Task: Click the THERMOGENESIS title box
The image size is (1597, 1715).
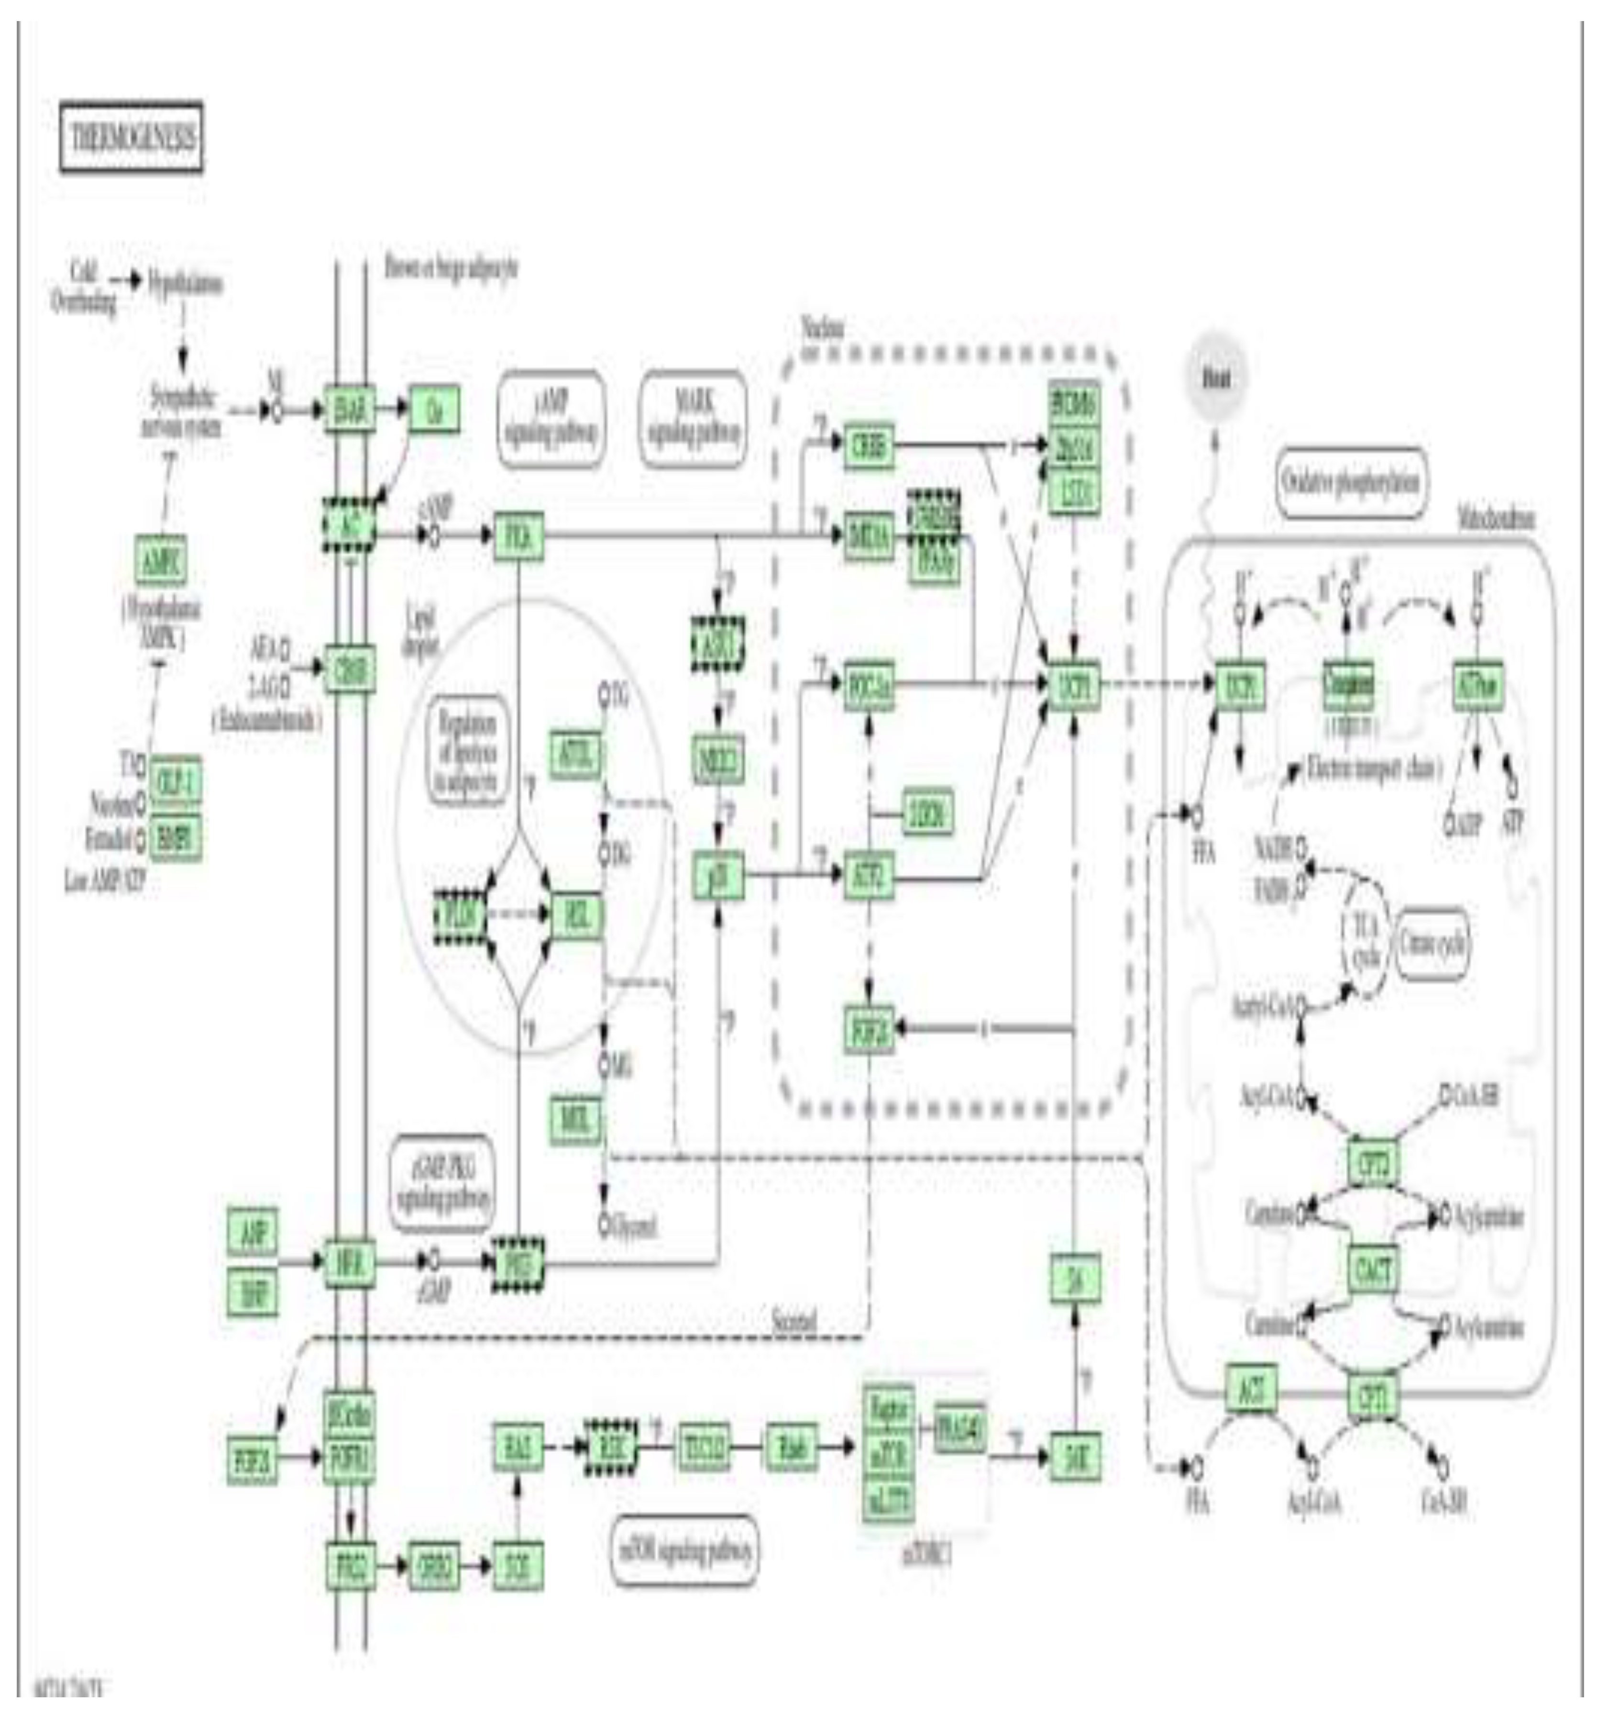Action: (131, 137)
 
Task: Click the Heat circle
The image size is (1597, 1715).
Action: (1216, 378)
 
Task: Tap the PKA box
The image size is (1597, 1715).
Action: (518, 536)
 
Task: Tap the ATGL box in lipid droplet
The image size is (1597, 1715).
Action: (575, 755)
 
